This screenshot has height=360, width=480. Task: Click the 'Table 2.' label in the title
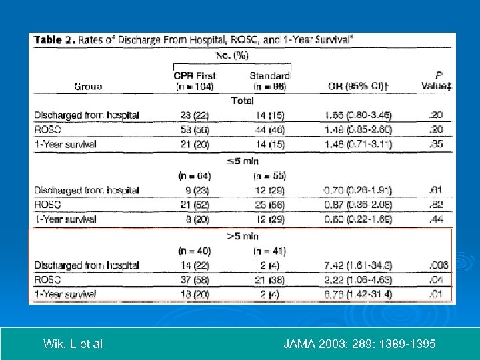(x=55, y=40)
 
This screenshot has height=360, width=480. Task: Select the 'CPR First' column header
(x=195, y=75)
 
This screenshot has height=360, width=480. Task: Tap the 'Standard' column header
(x=269, y=75)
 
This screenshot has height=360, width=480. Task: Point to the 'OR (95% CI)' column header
(x=361, y=86)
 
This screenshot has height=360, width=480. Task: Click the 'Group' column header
(x=88, y=86)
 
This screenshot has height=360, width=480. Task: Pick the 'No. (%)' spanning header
(x=232, y=56)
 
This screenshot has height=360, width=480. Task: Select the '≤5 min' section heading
(x=242, y=161)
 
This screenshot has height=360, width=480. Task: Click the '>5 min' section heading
(x=242, y=236)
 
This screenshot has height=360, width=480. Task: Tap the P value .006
(x=439, y=265)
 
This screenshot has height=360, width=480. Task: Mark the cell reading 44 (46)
(x=269, y=129)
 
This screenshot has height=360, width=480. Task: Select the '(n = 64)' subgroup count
(x=195, y=176)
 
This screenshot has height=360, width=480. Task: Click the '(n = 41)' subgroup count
(x=269, y=251)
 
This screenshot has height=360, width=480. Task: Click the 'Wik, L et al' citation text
(x=73, y=344)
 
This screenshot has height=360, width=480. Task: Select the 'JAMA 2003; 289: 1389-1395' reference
(x=360, y=344)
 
